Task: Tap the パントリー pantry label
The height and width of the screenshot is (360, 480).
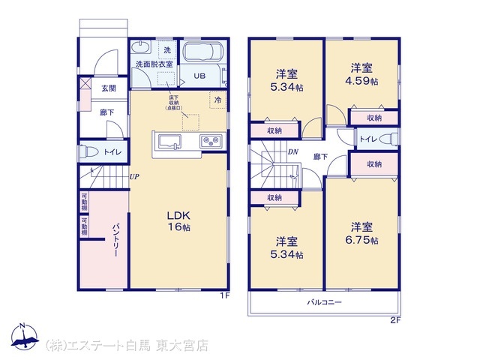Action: pos(116,241)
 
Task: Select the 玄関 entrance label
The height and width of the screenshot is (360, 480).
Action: pos(109,88)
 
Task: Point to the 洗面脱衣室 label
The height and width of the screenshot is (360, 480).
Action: pos(154,65)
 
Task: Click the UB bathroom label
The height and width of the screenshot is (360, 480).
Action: pos(200,76)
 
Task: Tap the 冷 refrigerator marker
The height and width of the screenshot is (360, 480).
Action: pos(217,100)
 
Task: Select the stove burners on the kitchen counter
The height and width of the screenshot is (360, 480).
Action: pos(208,140)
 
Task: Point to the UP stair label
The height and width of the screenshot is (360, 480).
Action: pos(133,177)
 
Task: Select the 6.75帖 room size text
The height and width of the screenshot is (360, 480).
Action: pos(362,240)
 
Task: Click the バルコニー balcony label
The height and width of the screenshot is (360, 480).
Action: pos(323,303)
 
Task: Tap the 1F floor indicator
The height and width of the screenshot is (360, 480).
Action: pos(223,295)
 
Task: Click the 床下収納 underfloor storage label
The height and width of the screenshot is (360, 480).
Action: pos(174,103)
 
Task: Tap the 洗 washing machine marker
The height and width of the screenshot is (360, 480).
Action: pos(166,49)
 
